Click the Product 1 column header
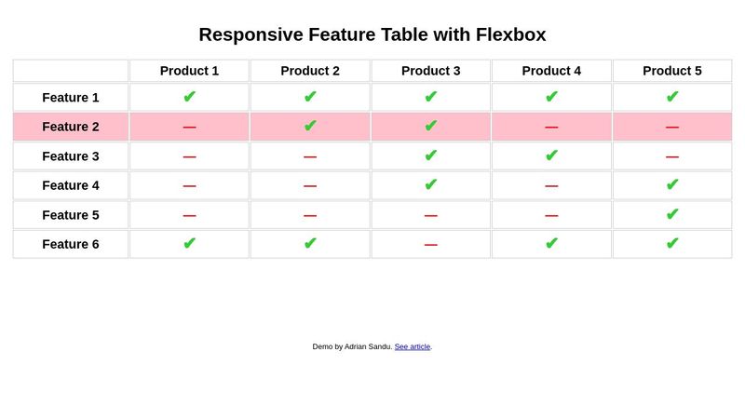[x=189, y=71]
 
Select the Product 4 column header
[x=551, y=71]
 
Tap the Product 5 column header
[x=672, y=71]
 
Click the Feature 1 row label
[x=71, y=98]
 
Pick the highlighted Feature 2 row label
[x=71, y=127]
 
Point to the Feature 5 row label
[x=71, y=215]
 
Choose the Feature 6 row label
[x=71, y=244]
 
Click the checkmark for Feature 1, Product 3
[x=430, y=97]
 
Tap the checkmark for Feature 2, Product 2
[x=310, y=126]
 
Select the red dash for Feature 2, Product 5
[x=672, y=128]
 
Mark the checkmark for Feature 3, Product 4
[x=551, y=155]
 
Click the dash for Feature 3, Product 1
[x=189, y=157]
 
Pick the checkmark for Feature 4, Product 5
[x=672, y=184]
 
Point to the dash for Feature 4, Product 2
[x=310, y=186]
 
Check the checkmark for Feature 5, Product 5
[x=672, y=214]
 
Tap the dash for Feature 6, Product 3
[x=430, y=245]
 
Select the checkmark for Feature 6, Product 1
[x=189, y=243]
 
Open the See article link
[x=412, y=346]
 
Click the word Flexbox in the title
[x=510, y=35]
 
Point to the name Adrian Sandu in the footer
[x=368, y=346]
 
